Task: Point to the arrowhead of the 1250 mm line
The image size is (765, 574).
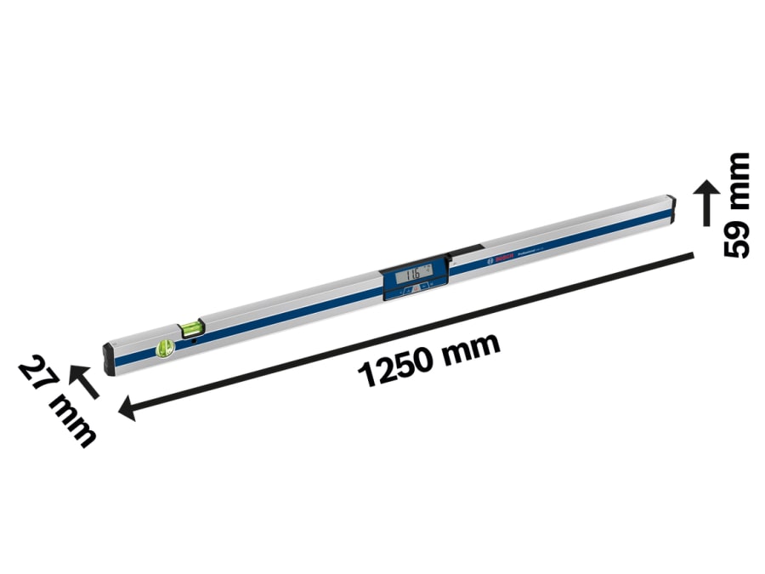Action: point(127,411)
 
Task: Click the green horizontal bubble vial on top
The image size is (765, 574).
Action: point(192,324)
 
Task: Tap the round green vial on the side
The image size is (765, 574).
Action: point(165,347)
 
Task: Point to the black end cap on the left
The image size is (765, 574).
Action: point(109,358)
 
